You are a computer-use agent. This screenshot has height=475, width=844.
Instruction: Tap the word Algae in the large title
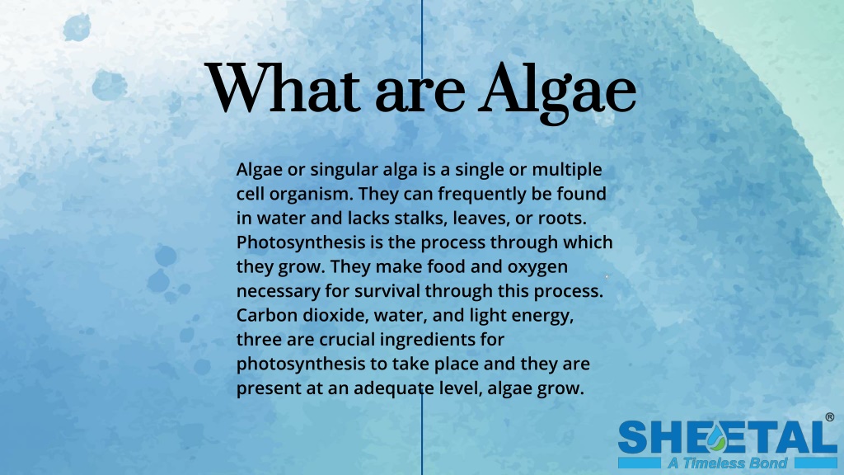[559, 91]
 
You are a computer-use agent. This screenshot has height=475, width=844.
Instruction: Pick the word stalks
[443, 219]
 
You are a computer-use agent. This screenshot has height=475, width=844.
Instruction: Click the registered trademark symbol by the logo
[829, 418]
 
